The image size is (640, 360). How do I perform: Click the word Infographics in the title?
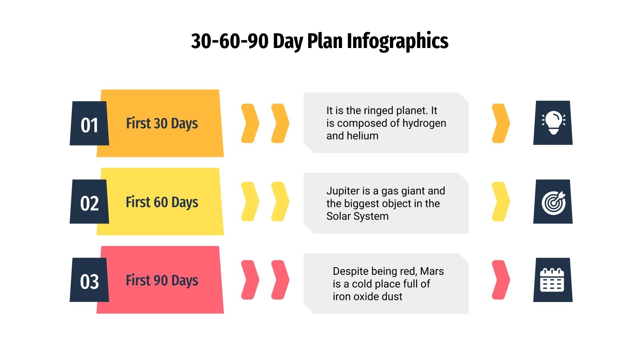coord(397,41)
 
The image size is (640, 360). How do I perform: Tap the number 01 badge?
coord(89,124)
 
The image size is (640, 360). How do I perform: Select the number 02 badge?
coord(89,203)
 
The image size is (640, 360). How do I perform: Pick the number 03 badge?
coord(89,281)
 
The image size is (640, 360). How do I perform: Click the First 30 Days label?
coord(162,123)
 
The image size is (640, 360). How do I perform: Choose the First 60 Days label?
coord(162,202)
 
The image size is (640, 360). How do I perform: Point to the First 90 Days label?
coord(162,280)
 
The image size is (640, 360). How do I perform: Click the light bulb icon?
coord(553,122)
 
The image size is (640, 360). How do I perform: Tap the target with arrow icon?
coord(553,202)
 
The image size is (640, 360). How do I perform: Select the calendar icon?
coord(552,280)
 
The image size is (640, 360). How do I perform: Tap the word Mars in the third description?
coord(432,271)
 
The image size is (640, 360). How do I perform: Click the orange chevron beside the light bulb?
coord(500,123)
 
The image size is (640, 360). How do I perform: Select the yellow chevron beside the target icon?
coord(500,202)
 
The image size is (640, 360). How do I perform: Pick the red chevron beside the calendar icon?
coord(500,280)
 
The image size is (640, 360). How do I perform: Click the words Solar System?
coord(357,216)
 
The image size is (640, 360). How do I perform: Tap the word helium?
coord(363,136)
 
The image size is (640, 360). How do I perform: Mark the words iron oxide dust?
coord(367,297)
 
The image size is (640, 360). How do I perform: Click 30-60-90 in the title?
coord(230,41)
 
